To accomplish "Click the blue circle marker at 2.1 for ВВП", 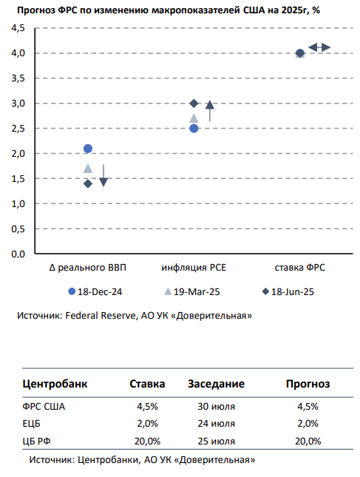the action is (x=88, y=149).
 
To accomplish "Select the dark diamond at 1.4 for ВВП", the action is (x=88, y=183).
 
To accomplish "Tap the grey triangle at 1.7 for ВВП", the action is (x=88, y=169).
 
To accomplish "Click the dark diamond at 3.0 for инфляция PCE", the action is (x=194, y=104).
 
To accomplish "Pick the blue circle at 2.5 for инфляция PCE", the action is (x=194, y=129).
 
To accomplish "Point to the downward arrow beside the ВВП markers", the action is (x=103, y=175).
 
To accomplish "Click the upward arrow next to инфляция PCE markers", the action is (x=210, y=112).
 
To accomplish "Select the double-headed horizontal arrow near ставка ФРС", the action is (x=319, y=47).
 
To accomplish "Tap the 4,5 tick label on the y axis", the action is (x=18, y=28).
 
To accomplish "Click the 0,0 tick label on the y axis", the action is (x=18, y=254).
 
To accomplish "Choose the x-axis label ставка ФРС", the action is (x=300, y=268).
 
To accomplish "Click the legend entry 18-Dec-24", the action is (x=95, y=291).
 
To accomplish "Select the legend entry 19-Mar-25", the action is (x=192, y=291).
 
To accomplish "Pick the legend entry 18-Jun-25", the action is (x=288, y=291).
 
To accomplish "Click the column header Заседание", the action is (x=216, y=384).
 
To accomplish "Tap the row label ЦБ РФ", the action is (x=36, y=441).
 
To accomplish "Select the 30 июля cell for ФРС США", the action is (x=216, y=407).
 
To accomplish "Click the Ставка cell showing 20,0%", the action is (x=147, y=441).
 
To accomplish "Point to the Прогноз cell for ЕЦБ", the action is (x=308, y=424).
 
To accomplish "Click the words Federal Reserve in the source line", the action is (x=101, y=316).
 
